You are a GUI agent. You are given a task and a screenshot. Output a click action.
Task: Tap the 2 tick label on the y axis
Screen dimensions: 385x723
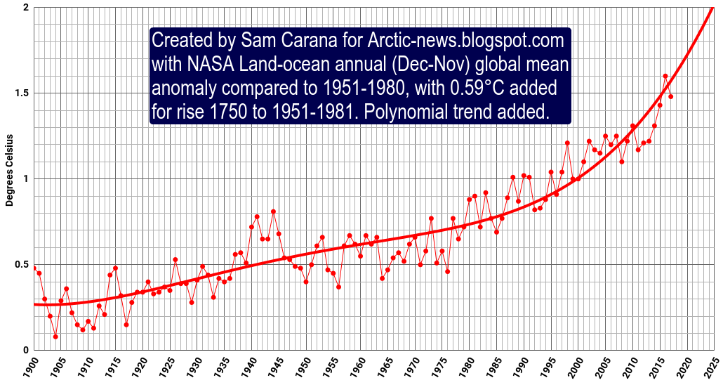pos(26,7)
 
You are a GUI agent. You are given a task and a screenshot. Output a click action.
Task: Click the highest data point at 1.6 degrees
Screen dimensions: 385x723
pos(665,76)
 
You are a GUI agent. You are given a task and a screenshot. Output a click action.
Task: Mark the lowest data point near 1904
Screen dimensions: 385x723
pos(55,337)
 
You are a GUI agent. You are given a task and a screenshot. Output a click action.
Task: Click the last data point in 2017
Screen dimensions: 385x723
pos(671,96)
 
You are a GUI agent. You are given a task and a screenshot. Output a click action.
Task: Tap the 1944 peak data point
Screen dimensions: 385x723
pos(273,211)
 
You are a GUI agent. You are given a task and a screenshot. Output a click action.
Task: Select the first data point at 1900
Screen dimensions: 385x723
pos(34,268)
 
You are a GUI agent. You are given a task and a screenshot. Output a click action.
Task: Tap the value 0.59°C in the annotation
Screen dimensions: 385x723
pos(483,89)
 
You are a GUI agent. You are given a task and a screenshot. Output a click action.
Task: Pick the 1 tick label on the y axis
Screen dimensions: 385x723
pos(26,178)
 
